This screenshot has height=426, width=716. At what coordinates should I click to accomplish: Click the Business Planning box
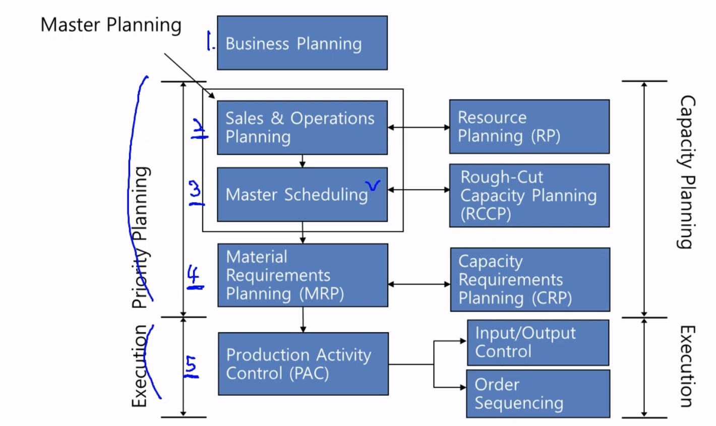coord(302,43)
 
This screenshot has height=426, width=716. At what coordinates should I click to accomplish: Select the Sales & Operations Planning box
coord(302,128)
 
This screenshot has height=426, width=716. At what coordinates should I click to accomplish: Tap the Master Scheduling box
coord(302,195)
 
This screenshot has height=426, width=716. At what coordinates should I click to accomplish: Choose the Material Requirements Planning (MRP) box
coord(303,275)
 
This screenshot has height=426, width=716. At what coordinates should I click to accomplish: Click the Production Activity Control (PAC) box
coord(303,363)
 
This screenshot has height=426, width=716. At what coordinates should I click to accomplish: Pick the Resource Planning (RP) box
coord(529,127)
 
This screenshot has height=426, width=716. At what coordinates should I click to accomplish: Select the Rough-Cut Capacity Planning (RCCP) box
coord(529,196)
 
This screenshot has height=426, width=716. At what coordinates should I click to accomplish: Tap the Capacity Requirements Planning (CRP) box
coord(529,279)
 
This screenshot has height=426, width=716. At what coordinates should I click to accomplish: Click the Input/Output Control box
coord(538,342)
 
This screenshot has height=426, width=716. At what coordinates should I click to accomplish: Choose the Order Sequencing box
coord(538,394)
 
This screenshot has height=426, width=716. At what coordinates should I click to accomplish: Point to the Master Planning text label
coord(111,25)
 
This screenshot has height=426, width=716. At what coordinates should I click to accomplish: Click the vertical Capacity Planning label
coord(686,171)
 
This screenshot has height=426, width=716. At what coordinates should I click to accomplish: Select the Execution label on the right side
coord(686,366)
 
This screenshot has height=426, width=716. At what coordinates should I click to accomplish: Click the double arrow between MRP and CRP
coord(419,284)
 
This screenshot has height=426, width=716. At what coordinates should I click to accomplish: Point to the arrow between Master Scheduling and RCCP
coord(419,190)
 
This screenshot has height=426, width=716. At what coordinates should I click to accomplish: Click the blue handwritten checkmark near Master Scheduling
coord(374,186)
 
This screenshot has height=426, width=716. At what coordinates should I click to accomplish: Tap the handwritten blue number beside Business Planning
coord(210,41)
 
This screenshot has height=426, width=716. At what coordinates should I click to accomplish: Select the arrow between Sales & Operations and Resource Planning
coord(419,128)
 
